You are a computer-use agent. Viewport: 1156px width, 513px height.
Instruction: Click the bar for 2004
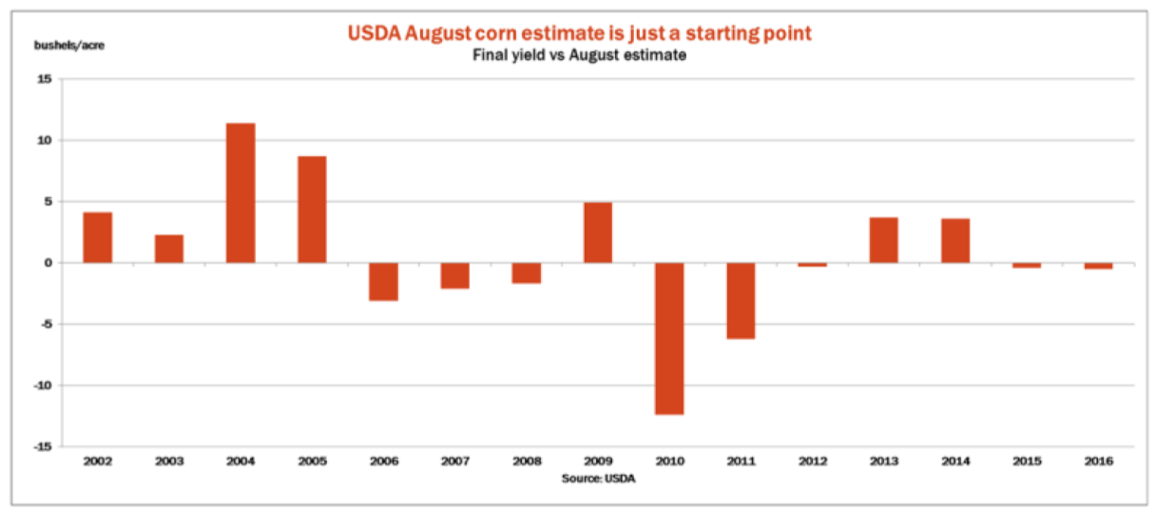[x=241, y=193]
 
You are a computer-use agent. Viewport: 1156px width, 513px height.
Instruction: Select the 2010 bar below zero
[x=669, y=338]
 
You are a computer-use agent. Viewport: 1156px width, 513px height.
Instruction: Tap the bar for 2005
[x=312, y=209]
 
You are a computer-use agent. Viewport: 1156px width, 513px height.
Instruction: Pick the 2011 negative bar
[x=741, y=300]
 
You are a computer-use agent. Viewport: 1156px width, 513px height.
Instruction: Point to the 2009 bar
[x=598, y=233]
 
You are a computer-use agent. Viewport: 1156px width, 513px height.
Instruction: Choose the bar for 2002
[x=98, y=237]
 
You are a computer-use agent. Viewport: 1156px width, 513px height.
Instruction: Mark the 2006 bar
[x=383, y=281]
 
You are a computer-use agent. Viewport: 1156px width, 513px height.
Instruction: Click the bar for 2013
[x=883, y=240]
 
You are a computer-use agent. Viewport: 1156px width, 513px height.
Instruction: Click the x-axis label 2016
[x=1098, y=462]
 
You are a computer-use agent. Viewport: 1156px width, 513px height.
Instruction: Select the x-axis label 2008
[x=527, y=462]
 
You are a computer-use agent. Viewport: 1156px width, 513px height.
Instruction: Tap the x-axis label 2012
[x=812, y=462]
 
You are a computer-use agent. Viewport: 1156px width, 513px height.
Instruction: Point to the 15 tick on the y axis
[x=45, y=79]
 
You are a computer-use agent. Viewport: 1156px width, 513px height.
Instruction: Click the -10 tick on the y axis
[x=42, y=385]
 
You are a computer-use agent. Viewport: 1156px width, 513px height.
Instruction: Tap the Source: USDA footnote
[x=598, y=478]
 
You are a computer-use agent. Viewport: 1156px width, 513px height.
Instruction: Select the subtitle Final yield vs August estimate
[x=580, y=56]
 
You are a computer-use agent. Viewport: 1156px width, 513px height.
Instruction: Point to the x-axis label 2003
[x=169, y=462]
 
